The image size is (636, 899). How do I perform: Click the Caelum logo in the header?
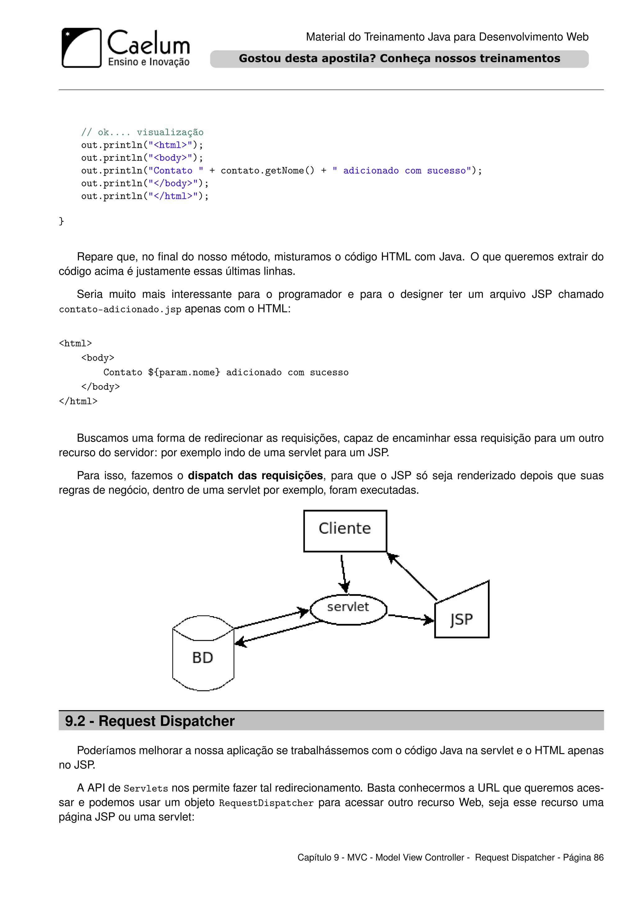tap(125, 48)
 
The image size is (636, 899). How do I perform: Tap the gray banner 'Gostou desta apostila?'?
tap(399, 59)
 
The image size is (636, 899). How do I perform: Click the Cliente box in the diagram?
tap(345, 531)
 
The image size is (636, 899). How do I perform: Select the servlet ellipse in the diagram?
tap(348, 609)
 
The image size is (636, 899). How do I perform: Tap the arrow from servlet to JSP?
tap(411, 617)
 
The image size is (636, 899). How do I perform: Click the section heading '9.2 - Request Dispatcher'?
tap(150, 721)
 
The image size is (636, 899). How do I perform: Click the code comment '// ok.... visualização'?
tap(142, 132)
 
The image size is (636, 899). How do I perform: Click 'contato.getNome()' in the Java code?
tap(267, 171)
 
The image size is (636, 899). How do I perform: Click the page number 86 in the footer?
tap(598, 857)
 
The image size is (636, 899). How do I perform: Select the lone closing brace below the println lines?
tap(61, 221)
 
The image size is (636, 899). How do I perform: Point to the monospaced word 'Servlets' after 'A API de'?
tap(146, 788)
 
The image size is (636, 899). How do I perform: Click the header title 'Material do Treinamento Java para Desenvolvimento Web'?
tap(447, 37)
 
